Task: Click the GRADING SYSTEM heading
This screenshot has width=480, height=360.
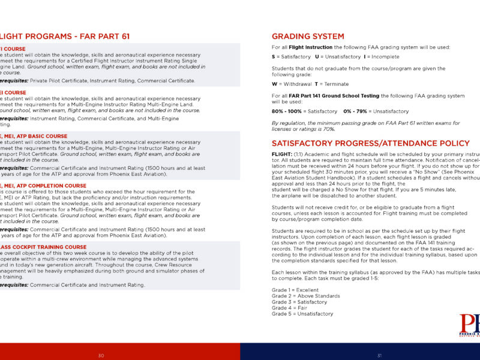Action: tap(308, 37)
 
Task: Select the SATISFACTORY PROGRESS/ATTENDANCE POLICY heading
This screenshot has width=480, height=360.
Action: tap(371, 143)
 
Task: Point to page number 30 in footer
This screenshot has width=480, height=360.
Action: tap(101, 356)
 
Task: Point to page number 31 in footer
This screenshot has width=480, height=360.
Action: tap(379, 356)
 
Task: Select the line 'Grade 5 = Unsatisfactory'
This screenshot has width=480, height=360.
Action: tap(302, 314)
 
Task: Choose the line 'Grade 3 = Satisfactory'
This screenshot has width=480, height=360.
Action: tap(299, 302)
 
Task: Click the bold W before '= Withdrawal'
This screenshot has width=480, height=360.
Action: tap(274, 84)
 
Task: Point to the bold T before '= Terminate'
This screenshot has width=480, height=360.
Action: tap(316, 84)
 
